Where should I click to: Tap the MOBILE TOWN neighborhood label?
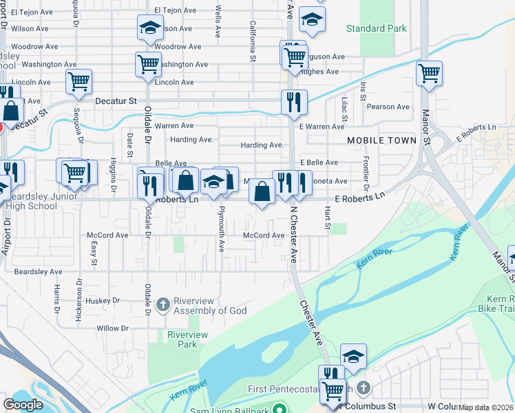[x=381, y=140]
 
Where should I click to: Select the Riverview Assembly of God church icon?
[x=163, y=304]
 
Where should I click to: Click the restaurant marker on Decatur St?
[x=294, y=102]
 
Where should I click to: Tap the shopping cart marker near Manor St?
[x=429, y=72]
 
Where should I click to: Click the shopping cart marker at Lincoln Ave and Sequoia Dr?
[x=78, y=81]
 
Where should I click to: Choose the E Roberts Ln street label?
[x=358, y=197]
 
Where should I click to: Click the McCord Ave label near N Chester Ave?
[x=264, y=235]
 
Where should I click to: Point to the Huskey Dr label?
[x=104, y=300]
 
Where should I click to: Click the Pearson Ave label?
[x=388, y=107]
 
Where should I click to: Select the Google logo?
[x=23, y=405]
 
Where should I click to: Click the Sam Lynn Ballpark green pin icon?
[x=279, y=410]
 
